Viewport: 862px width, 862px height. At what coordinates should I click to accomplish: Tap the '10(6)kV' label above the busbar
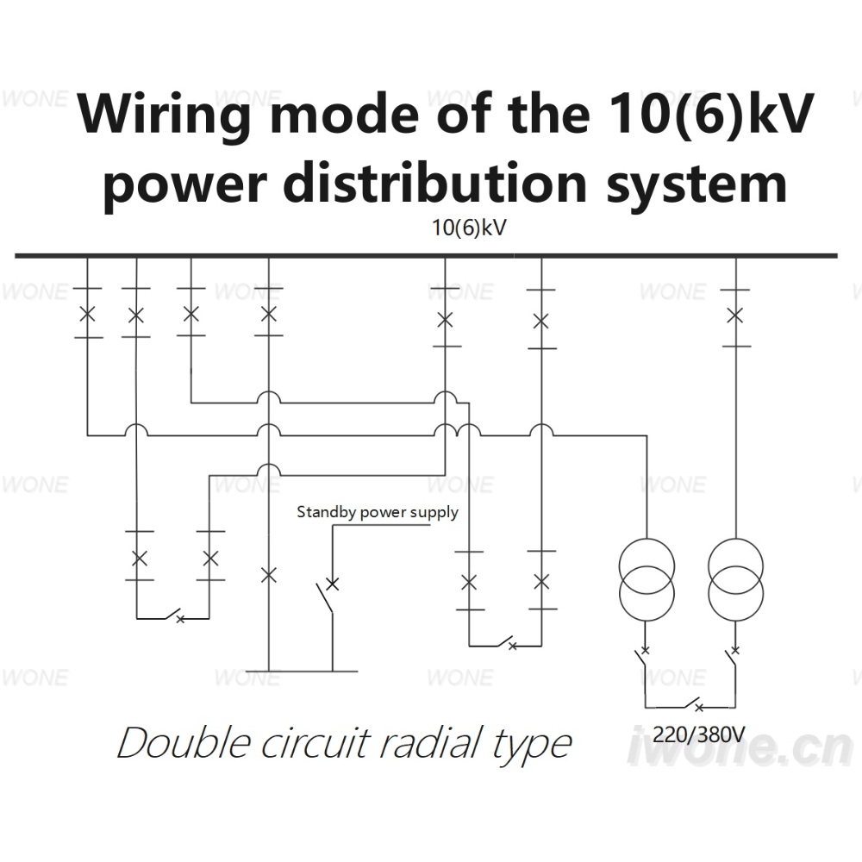pos(468,228)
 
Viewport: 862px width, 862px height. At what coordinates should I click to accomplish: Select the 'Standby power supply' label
pos(378,512)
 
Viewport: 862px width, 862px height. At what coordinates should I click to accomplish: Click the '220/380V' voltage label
pos(699,734)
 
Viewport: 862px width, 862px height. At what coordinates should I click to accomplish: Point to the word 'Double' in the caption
pos(184,743)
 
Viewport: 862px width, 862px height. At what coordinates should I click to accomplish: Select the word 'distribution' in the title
pos(434,182)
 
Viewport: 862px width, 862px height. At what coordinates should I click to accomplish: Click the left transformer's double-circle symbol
pos(646,579)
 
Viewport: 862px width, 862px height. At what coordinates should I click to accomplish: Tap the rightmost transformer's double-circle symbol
pos(735,579)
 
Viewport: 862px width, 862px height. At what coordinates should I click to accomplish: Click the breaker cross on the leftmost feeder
pos(87,315)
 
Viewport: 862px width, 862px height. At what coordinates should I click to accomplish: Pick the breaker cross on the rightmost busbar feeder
pos(735,315)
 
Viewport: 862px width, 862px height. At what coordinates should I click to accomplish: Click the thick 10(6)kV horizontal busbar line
pos(426,256)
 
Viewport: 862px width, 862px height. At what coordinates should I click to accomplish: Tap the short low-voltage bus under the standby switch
pos(301,671)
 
